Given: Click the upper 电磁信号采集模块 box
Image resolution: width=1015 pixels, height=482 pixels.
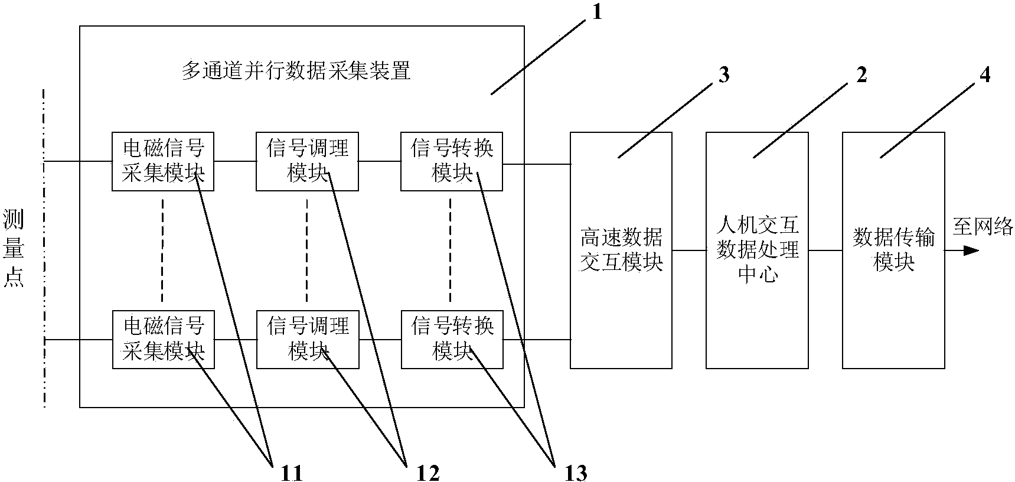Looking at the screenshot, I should tap(162, 161).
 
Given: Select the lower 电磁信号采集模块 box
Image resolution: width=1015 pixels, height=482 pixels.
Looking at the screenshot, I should tap(162, 339).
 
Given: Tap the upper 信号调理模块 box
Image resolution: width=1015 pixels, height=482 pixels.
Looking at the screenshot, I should tap(307, 161).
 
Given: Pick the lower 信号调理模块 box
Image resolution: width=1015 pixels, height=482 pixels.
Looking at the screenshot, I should tap(307, 339).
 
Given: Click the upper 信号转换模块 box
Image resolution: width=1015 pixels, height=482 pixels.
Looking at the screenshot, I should tap(452, 161).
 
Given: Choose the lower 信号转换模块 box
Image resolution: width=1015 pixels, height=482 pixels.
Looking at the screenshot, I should tap(452, 339).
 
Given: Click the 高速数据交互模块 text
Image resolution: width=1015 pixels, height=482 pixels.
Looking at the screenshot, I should tap(621, 250).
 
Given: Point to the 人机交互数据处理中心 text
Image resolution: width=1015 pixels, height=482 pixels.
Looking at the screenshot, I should tap(757, 250).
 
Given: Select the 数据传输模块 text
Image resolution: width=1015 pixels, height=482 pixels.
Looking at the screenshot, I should tap(893, 250).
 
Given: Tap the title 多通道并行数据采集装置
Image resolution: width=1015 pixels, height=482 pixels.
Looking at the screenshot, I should tap(295, 71).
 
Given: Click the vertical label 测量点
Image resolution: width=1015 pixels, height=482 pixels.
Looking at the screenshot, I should tap(14, 248).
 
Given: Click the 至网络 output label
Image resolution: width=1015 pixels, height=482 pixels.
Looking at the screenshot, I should tap(982, 227).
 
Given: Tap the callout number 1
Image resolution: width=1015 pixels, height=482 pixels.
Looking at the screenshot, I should tap(596, 12).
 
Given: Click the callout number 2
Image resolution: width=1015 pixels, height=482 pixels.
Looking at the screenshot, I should tap(861, 76).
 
